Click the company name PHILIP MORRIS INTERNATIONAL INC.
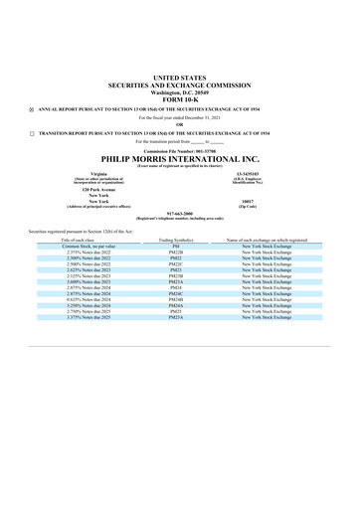pos(179,157)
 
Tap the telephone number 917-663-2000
pos(179,211)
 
